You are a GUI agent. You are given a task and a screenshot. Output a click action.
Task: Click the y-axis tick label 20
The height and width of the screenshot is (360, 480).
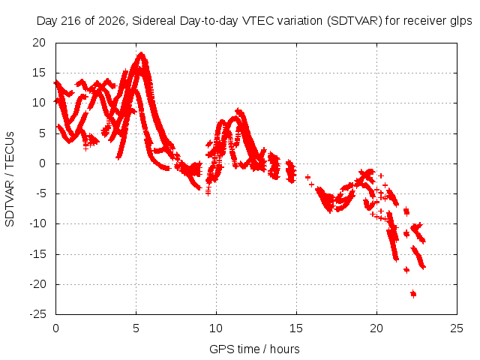39,43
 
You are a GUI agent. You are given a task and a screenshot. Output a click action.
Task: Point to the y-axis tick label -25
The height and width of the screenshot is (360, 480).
38,314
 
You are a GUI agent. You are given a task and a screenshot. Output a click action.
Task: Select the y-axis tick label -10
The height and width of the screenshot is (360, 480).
38,223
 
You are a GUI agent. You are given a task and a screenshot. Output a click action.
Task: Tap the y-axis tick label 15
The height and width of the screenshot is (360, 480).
39,73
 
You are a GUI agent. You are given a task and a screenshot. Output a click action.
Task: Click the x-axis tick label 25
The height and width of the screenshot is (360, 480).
457,328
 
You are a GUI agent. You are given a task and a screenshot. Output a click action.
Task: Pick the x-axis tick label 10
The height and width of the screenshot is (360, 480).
216,328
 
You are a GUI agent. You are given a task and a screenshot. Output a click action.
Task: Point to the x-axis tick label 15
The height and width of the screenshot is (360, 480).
296,328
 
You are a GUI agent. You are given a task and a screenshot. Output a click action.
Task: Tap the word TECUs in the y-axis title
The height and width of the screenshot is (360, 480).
10,150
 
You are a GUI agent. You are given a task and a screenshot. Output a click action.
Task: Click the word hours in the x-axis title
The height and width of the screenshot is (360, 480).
285,349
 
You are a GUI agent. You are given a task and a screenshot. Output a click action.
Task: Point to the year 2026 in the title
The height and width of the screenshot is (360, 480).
111,21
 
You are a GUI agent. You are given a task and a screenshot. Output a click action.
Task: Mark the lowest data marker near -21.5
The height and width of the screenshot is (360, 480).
413,294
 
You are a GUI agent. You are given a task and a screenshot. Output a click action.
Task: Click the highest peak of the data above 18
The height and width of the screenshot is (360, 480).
141,55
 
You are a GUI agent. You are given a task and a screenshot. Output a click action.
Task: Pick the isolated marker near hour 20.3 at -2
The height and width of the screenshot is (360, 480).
381,175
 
